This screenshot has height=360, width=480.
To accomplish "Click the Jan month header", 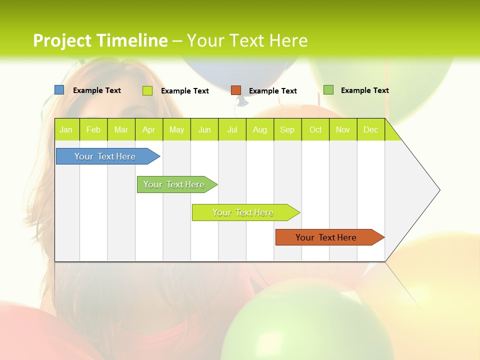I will [x=66, y=129].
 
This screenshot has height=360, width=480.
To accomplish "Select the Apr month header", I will [x=149, y=129].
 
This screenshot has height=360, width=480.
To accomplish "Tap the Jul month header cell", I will [x=232, y=129].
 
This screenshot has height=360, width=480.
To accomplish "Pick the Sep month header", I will [x=287, y=129].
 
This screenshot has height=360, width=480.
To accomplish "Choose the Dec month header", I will [x=370, y=129].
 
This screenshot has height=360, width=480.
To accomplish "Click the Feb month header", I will [x=93, y=129].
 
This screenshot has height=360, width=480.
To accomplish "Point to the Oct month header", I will [x=315, y=129].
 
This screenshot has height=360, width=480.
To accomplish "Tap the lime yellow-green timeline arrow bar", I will [x=243, y=212].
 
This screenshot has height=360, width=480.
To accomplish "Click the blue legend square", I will [x=59, y=90].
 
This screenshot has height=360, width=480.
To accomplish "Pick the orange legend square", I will [x=236, y=90].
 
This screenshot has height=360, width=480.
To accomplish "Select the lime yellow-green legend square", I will [x=147, y=90].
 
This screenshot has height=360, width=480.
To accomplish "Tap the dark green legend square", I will [x=328, y=90].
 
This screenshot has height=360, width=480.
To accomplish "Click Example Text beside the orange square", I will [x=273, y=91].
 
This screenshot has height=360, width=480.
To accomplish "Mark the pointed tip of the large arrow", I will [x=439, y=190].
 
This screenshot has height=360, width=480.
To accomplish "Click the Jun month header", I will [x=204, y=129].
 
